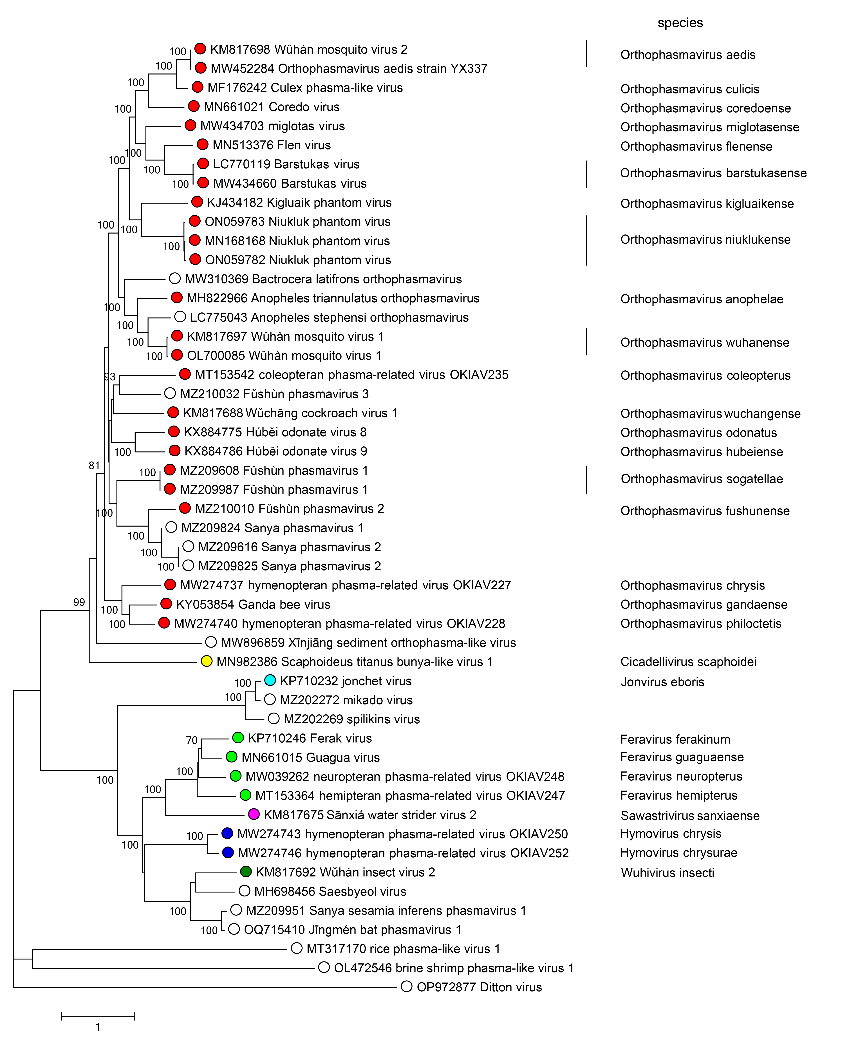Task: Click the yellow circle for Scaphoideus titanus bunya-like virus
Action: point(207,661)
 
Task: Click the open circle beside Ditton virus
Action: point(406,987)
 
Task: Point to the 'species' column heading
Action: point(680,23)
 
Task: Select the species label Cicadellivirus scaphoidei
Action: point(688,662)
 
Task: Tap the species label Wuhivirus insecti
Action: point(667,873)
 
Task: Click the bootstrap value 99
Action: point(79,602)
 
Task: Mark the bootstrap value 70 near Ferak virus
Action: point(192,740)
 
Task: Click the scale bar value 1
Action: point(98,1027)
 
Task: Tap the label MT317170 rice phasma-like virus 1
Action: point(403,949)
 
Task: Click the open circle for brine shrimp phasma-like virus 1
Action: point(324,968)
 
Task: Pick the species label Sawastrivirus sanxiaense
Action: point(689,815)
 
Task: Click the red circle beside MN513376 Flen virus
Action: point(202,144)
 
